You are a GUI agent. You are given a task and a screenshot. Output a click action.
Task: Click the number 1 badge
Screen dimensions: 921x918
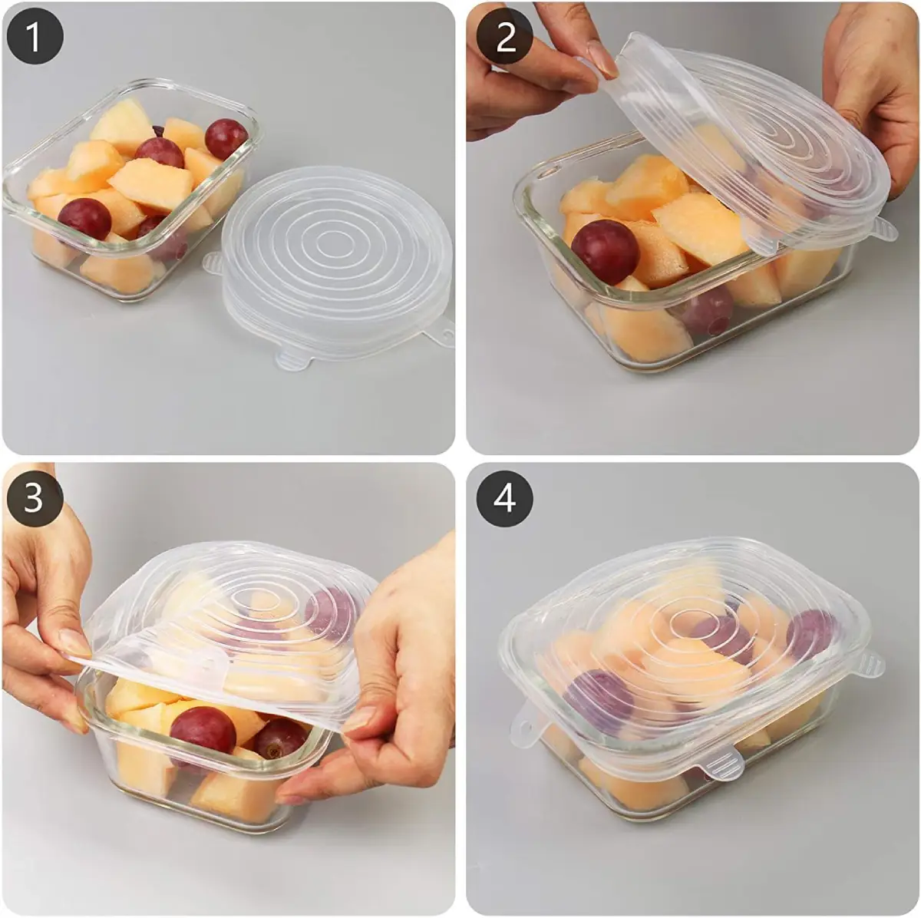tap(35, 37)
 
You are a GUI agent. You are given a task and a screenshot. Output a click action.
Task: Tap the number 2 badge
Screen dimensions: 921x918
tap(505, 37)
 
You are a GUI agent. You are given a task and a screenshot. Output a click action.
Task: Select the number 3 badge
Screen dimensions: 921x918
tap(35, 497)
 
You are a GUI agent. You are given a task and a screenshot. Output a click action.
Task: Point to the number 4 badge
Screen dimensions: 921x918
tap(505, 497)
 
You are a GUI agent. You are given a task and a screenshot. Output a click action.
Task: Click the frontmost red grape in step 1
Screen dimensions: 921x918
tap(84, 219)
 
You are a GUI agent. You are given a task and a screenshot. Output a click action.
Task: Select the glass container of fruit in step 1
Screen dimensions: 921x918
tap(133, 190)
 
